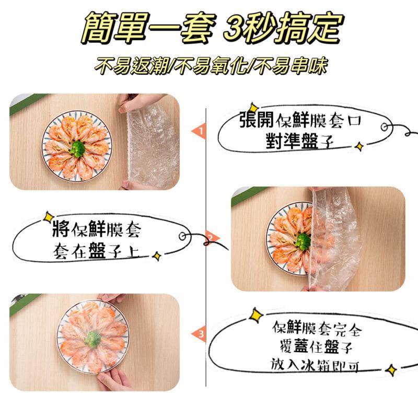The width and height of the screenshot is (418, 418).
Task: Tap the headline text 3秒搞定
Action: (282, 29)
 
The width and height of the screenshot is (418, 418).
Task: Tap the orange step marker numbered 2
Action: (209, 239)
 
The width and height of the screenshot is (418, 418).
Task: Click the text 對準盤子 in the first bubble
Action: (300, 142)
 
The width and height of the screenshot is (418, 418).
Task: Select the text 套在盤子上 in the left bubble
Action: (96, 252)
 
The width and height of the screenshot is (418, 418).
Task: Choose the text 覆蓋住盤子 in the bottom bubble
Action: (314, 347)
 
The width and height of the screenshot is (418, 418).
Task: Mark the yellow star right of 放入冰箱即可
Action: (390, 370)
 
